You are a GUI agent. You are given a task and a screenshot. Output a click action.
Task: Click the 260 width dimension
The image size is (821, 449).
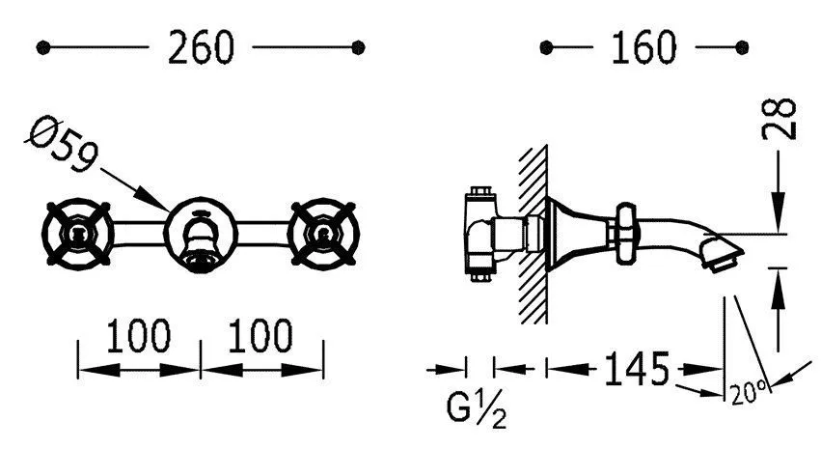[201, 47]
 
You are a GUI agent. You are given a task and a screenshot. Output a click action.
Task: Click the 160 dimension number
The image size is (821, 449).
[643, 47]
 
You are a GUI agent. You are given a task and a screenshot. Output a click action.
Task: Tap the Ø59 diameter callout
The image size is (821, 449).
[62, 145]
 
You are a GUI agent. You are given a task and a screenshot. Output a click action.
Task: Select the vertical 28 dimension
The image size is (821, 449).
[780, 119]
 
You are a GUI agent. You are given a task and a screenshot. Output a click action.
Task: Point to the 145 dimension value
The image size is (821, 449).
[637, 369]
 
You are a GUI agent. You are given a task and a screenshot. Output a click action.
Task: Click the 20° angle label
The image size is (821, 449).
[750, 391]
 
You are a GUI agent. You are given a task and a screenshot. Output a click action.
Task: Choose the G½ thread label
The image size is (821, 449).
[477, 408]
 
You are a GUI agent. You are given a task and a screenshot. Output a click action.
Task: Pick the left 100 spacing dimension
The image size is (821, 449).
[138, 336]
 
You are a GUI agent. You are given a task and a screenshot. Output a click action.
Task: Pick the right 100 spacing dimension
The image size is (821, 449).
[260, 336]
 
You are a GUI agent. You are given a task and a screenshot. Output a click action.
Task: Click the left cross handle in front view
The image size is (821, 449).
[77, 234]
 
